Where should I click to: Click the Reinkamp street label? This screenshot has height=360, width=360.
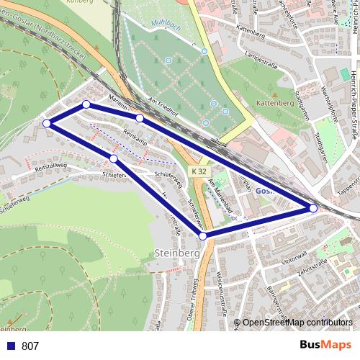coord(135,134)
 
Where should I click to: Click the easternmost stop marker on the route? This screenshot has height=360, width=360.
coord(313,208)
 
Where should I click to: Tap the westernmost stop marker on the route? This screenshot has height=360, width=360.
coord(47,123)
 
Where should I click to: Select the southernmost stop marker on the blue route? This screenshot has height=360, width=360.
coord(203,235)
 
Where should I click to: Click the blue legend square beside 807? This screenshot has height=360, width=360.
coord(11,346)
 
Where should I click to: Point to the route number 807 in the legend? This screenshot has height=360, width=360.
coord(30,346)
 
